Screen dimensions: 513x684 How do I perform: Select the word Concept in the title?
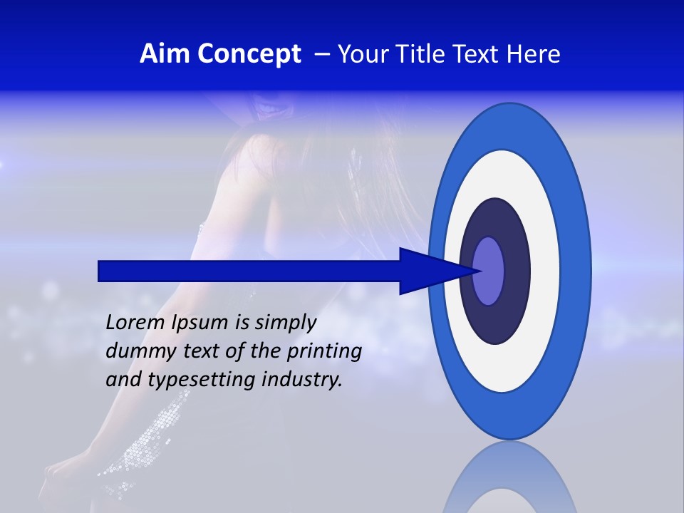[249, 54]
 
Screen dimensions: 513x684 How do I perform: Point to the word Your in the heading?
[362, 54]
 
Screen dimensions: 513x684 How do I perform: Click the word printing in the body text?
[323, 351]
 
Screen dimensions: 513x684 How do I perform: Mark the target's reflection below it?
[510, 481]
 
